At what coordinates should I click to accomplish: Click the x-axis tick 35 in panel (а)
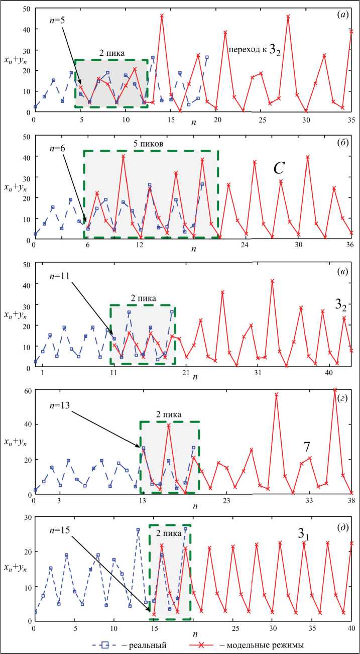351,120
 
